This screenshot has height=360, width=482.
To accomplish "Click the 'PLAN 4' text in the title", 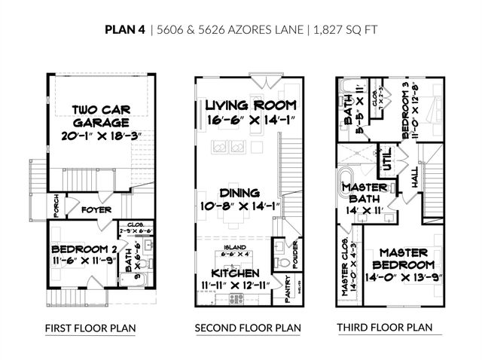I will point(125,31).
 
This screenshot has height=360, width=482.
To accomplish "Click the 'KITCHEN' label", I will point(235,272).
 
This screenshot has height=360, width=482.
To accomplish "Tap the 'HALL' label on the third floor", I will point(415,178).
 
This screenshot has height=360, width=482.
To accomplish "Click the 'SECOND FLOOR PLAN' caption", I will point(248,328).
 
